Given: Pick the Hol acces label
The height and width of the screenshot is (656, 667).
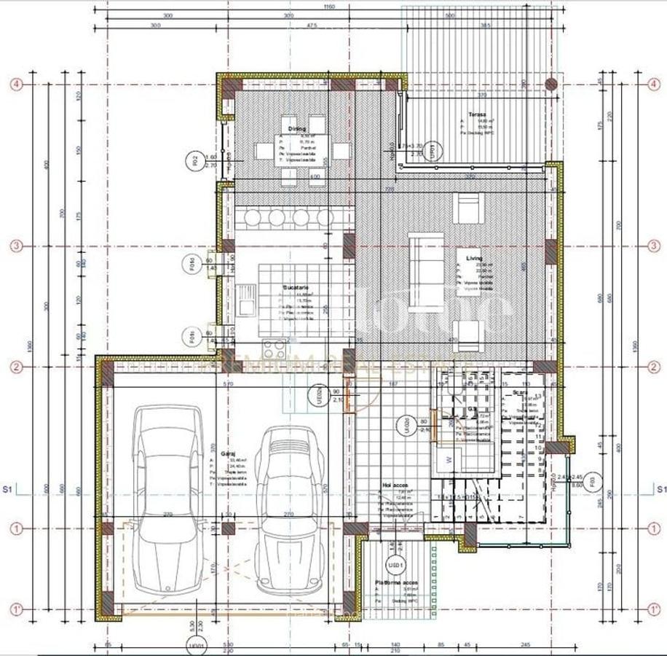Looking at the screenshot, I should click(x=395, y=484).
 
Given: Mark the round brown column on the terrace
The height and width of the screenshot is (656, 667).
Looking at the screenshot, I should click(x=551, y=84).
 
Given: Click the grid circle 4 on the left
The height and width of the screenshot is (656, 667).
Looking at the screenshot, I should click(x=16, y=84).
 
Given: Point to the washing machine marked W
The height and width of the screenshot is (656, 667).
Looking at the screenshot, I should click(x=449, y=460).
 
